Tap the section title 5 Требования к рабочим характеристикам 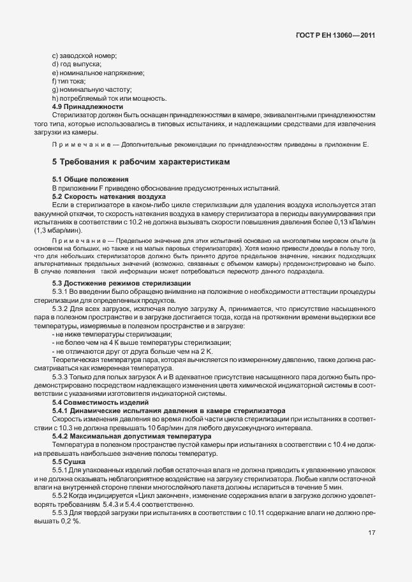pyautogui.click(x=140, y=163)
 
